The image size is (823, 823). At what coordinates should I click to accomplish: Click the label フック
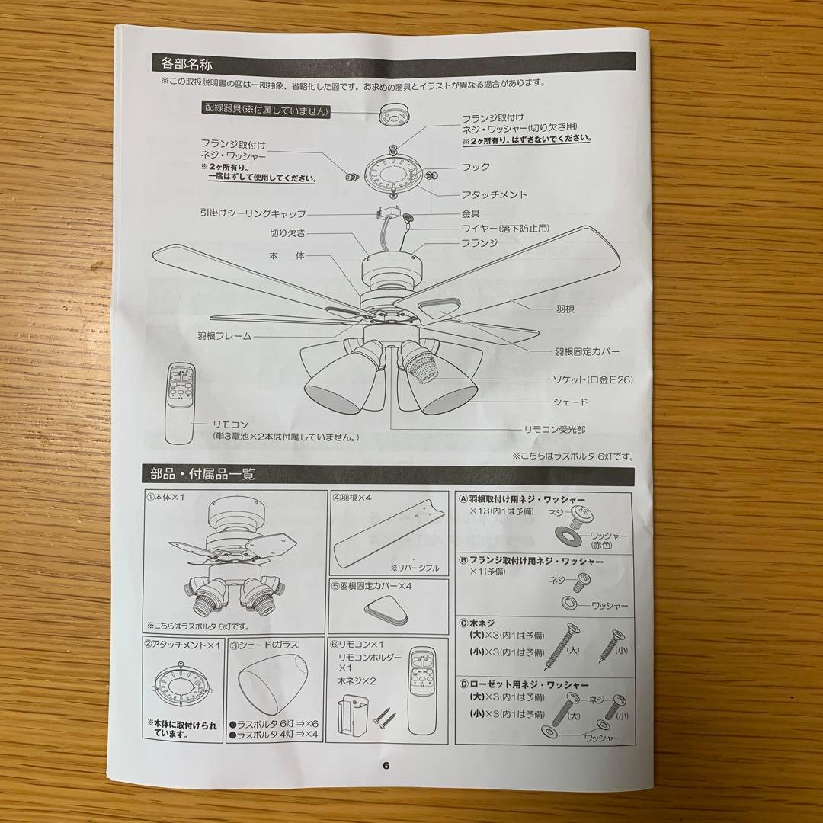(476, 166)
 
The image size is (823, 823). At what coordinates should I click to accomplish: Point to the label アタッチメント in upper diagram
(495, 195)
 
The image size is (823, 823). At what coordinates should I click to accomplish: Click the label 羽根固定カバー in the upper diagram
(588, 351)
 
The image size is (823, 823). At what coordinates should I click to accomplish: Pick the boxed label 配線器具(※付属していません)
(266, 111)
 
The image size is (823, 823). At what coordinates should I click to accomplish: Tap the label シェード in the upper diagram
(569, 402)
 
